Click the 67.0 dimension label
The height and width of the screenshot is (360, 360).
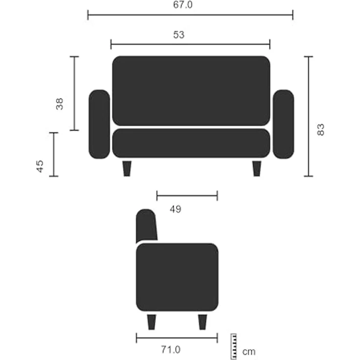(x=183, y=4)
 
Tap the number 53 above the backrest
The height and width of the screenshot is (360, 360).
(x=179, y=35)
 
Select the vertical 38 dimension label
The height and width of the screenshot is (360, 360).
(x=60, y=104)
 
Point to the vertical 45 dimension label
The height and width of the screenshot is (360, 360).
(x=40, y=166)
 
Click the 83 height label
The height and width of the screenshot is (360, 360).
(x=321, y=130)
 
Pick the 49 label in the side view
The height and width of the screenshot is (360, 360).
(x=176, y=209)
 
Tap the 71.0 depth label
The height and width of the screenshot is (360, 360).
(x=171, y=350)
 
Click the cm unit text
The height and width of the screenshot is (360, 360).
(x=249, y=352)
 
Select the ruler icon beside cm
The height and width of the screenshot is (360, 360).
(x=233, y=346)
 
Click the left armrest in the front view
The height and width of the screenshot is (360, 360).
(x=99, y=124)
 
